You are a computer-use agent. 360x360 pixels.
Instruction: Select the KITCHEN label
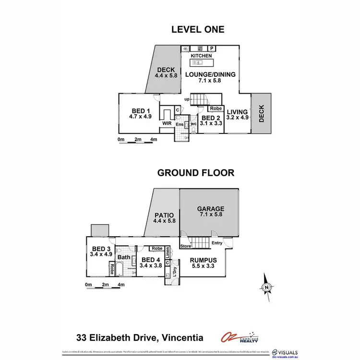[201, 56]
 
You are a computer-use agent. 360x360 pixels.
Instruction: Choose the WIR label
[167, 123]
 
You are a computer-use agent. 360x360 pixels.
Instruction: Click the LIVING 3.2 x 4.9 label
[237, 115]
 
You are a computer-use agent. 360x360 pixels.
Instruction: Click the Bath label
[124, 257]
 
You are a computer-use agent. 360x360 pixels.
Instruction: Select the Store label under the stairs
[186, 247]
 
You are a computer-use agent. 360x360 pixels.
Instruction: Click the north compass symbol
[266, 287]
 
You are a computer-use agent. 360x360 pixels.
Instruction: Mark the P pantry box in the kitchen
[211, 48]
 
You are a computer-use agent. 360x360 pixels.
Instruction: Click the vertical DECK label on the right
[262, 113]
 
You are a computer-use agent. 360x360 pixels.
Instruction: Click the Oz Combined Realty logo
[239, 337]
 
